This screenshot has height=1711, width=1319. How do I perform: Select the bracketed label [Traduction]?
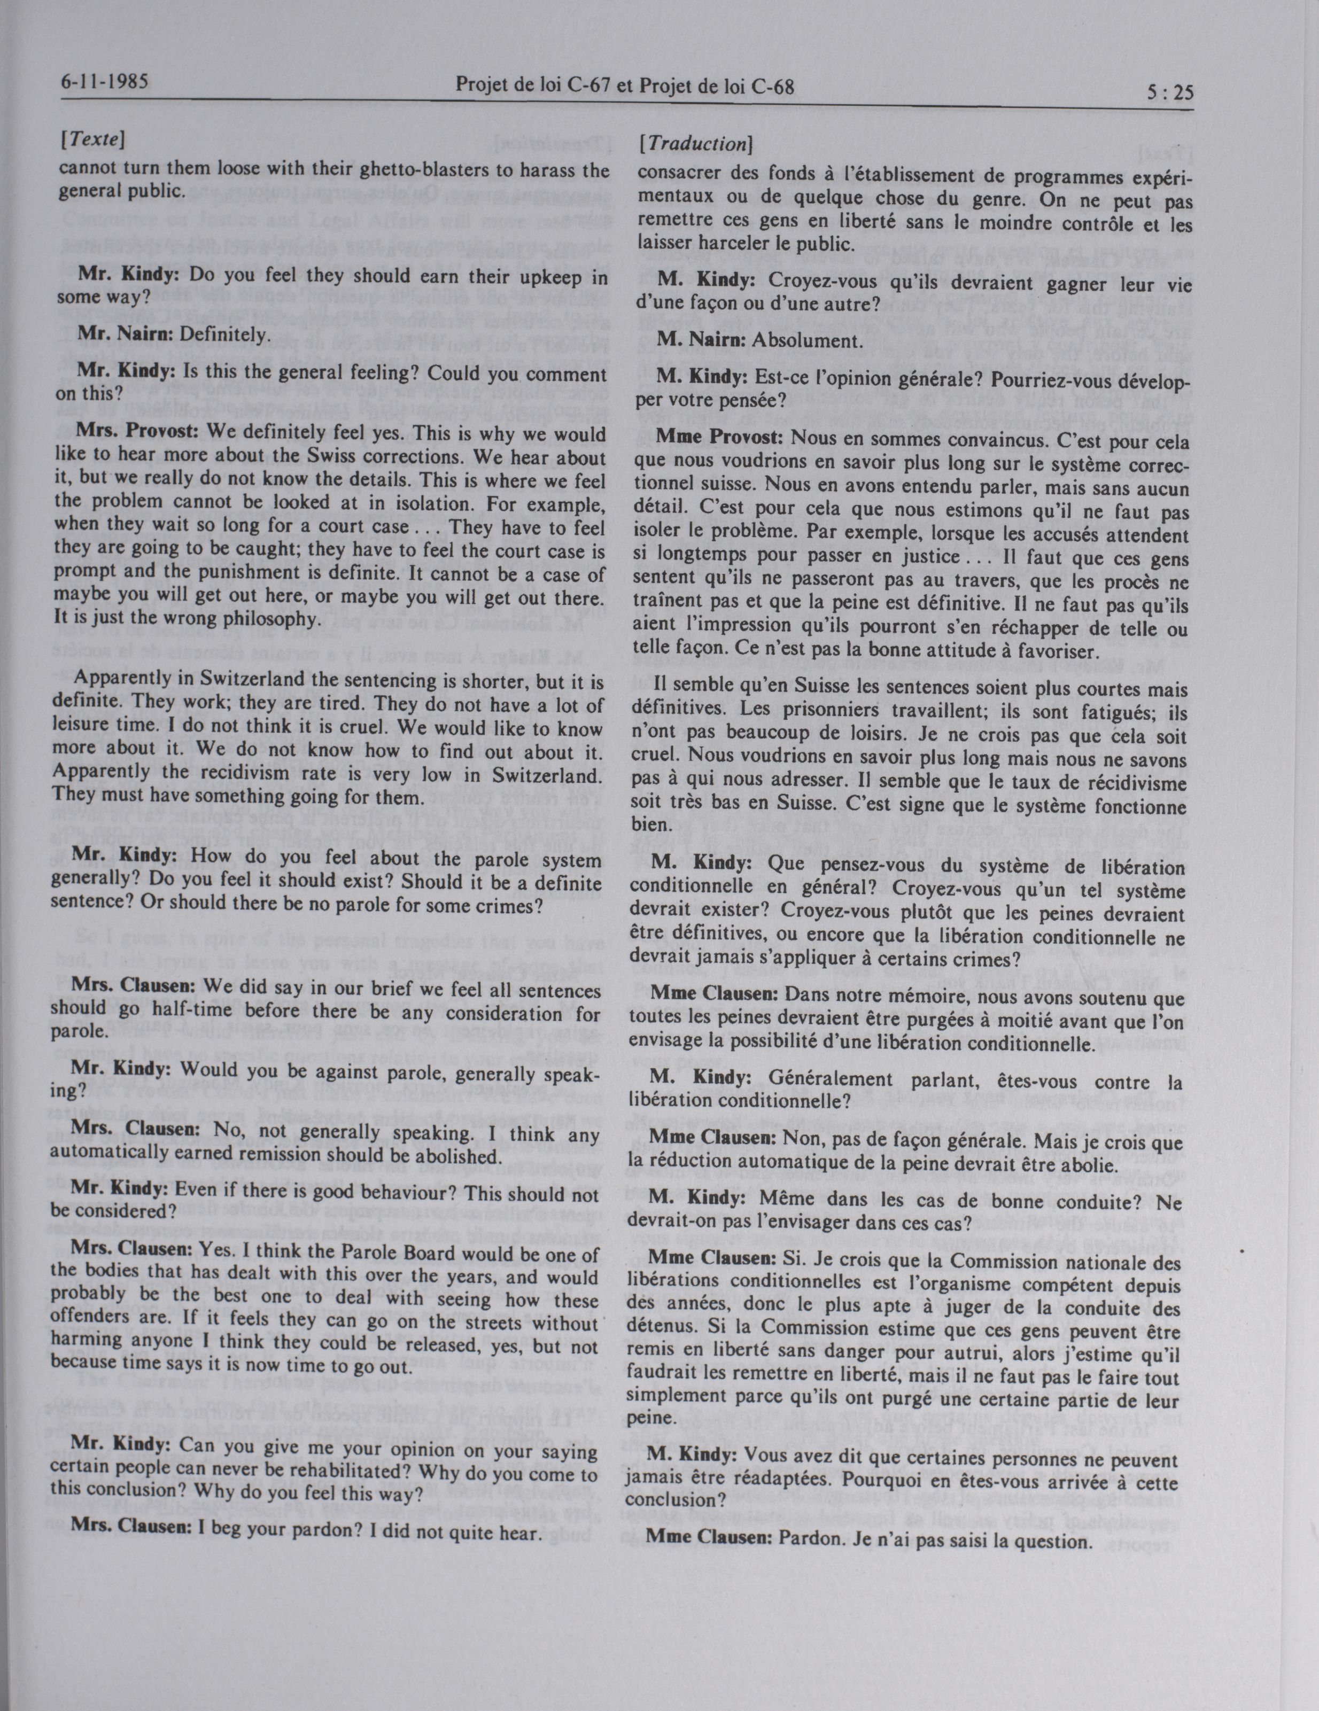[696, 144]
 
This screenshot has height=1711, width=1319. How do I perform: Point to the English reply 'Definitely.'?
[225, 335]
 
